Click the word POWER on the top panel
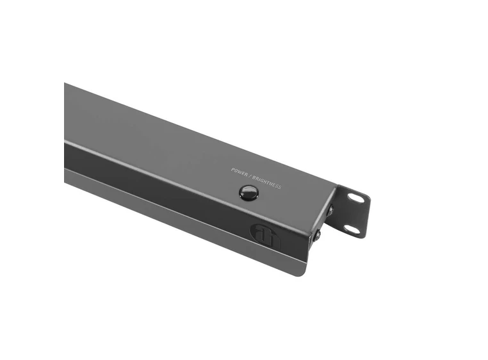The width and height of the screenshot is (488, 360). pos(240,172)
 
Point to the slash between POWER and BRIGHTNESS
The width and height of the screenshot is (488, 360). pos(252,176)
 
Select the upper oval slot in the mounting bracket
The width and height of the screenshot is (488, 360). pos(355,198)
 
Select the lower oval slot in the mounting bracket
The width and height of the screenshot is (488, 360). pos(352,229)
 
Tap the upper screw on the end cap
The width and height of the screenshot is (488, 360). pos(330,210)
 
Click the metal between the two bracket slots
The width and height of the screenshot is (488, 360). pos(354,213)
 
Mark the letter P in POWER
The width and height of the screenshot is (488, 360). pos(233,169)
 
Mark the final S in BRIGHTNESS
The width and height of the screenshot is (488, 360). pos(280,186)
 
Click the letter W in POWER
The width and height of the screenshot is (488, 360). pos(240,172)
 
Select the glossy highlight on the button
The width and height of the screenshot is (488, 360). pos(247,189)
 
